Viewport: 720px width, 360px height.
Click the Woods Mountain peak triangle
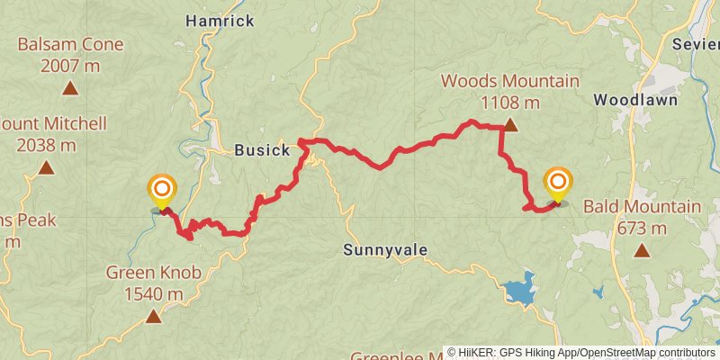pos(510,126)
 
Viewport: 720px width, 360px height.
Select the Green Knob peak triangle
pos(154,316)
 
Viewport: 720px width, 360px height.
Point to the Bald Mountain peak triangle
pos(642,251)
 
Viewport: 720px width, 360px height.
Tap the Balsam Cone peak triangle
pos(69,88)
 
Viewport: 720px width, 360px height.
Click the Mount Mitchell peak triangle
pos(46,167)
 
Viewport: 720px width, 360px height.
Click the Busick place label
pos(261,150)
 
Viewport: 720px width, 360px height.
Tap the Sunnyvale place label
pos(384,249)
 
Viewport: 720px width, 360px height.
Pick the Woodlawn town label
pos(635,100)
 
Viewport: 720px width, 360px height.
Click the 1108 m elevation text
pos(510,102)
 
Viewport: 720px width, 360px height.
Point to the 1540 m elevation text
pos(154,292)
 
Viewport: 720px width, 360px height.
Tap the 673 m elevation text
pos(642,228)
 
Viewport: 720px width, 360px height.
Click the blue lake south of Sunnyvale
pos(519,292)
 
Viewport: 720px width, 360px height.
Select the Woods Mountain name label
pos(510,82)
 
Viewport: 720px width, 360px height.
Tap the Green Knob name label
pos(154,272)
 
